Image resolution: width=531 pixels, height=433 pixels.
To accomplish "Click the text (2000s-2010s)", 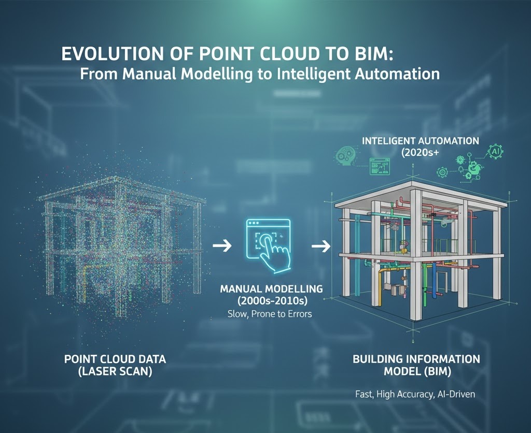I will click(271, 300).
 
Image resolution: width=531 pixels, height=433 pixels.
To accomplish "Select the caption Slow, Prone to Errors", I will click(269, 314).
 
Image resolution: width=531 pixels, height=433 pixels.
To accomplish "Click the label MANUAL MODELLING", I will click(271, 288).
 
